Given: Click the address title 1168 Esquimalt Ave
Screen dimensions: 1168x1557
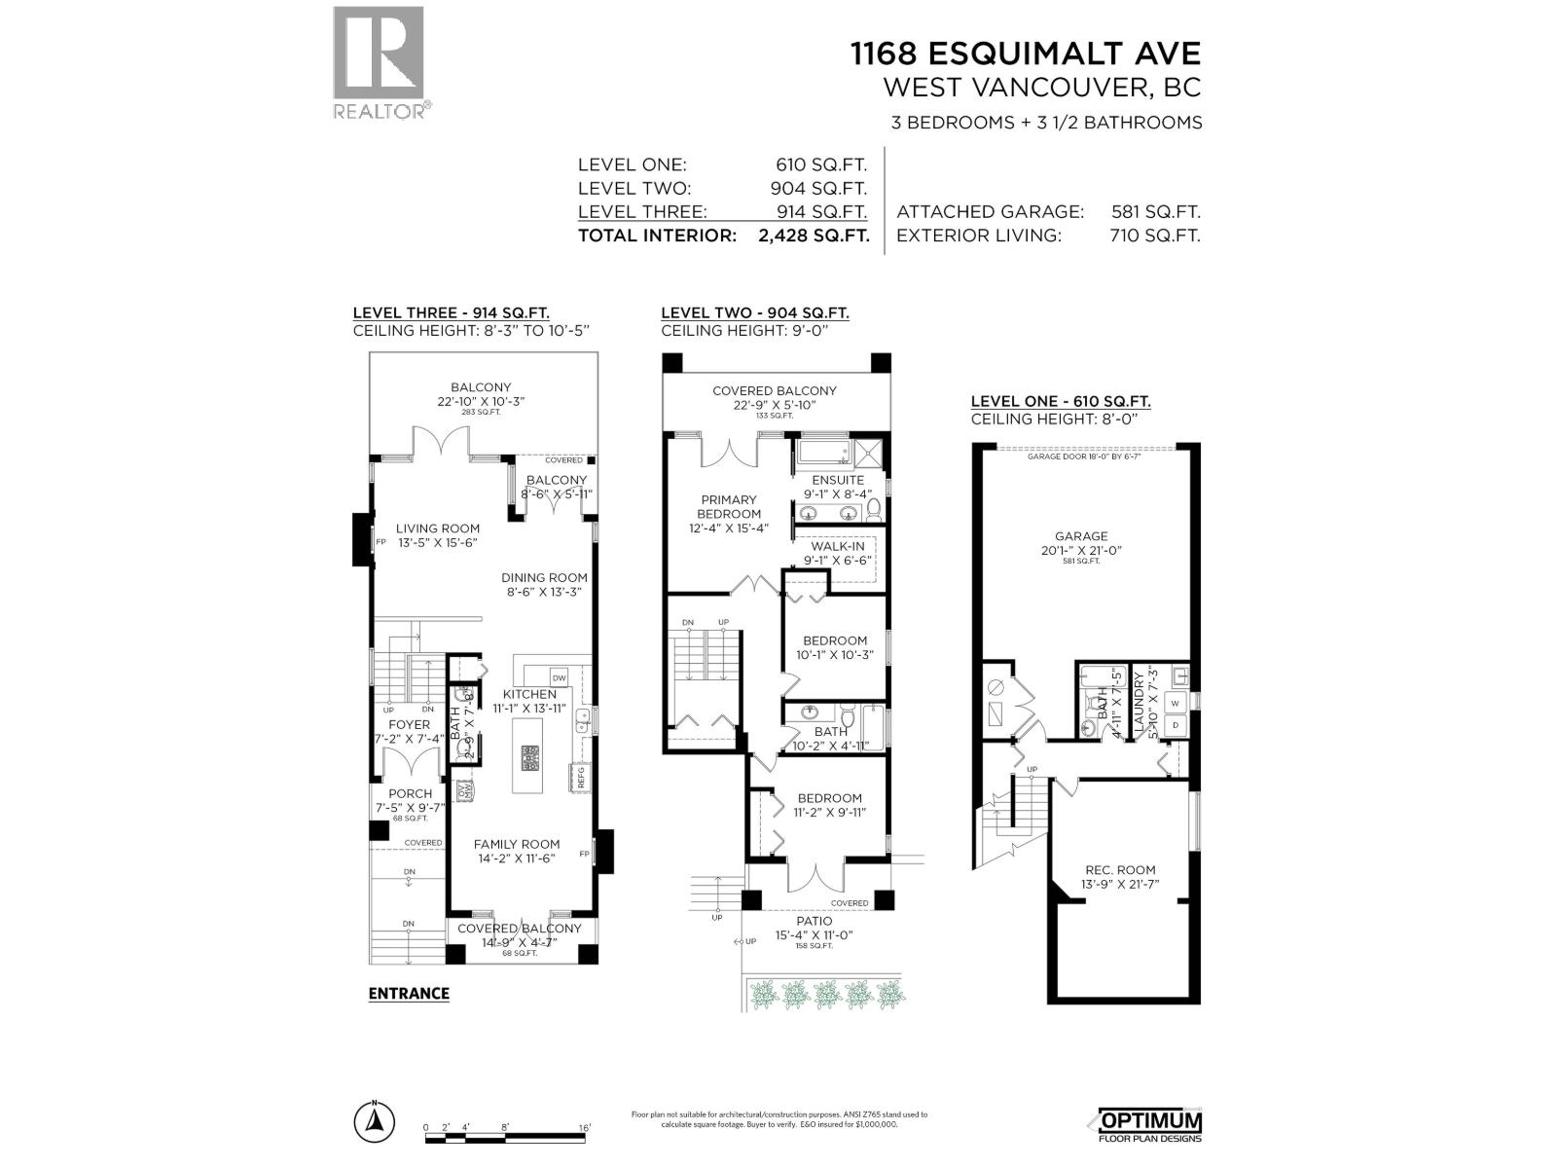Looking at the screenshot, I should (1026, 53).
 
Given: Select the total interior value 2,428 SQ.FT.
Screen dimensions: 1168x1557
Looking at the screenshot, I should (813, 236).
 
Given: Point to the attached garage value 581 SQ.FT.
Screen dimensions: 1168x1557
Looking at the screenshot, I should (1155, 211).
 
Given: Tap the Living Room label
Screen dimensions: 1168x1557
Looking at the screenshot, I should (437, 529).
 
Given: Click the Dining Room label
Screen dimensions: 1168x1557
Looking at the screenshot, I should (545, 577).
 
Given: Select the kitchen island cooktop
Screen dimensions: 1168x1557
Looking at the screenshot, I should (529, 757).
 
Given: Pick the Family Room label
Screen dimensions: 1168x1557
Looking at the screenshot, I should (516, 844).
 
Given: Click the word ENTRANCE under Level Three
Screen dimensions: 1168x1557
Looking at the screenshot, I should (409, 994).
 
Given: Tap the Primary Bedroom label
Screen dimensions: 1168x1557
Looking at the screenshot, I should (728, 506).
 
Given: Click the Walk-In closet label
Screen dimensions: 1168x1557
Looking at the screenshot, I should (837, 547).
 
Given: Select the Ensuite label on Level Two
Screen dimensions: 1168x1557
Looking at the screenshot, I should (837, 480).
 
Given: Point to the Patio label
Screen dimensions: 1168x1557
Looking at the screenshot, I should (814, 921).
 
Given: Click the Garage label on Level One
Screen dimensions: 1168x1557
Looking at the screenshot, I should (1081, 536).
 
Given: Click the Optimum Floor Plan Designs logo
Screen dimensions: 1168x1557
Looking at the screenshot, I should (1149, 1124).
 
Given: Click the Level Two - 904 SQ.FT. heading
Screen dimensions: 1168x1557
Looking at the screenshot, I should (754, 313).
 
